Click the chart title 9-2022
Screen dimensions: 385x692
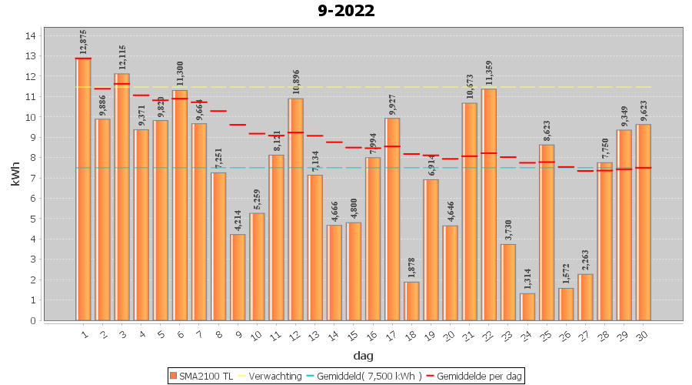346,11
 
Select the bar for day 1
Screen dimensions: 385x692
83,189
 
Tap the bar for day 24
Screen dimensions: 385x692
527,306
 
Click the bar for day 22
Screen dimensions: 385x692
489,204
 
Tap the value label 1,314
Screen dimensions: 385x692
527,278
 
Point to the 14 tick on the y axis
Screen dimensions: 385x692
31,35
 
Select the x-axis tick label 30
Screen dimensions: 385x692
643,334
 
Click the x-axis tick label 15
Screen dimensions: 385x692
353,334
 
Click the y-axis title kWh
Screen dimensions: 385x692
15,178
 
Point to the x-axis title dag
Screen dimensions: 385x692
363,355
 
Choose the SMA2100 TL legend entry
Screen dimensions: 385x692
202,376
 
